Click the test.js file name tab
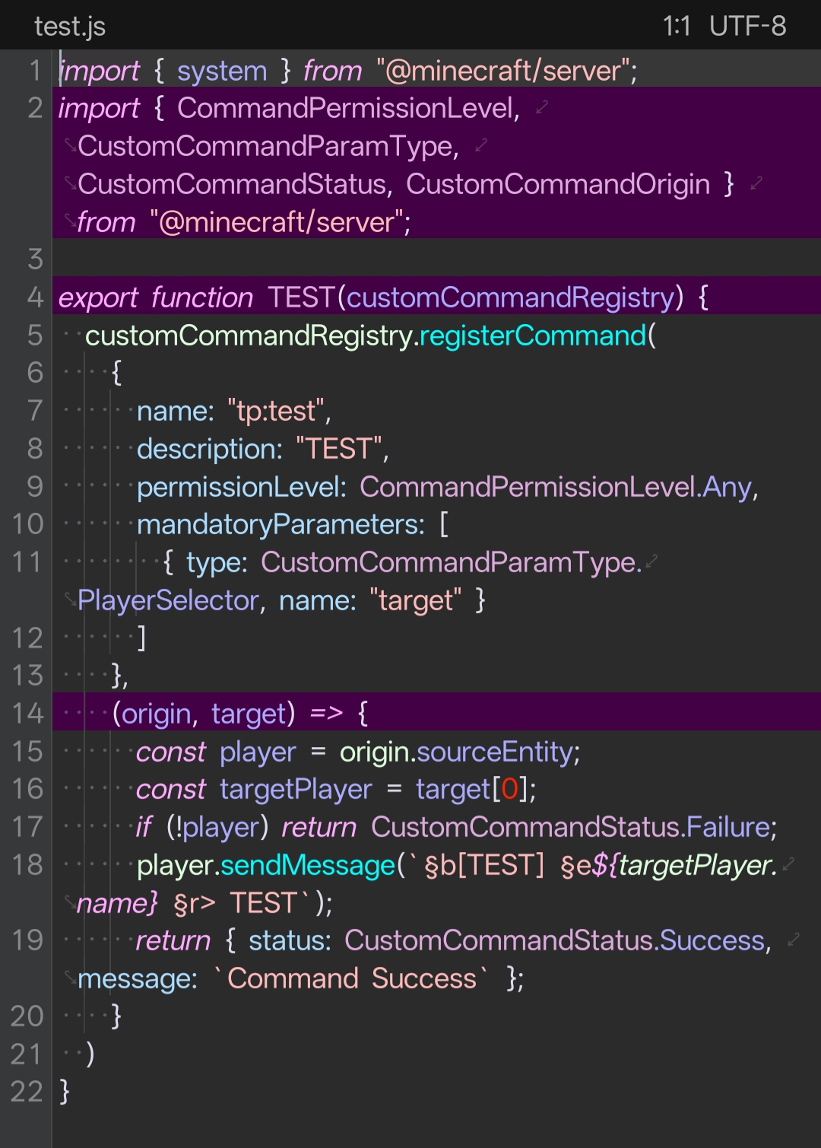point(70,27)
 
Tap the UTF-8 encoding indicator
point(747,27)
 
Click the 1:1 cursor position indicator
point(676,27)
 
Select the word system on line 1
point(222,72)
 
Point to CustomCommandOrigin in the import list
point(558,185)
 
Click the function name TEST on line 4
point(301,298)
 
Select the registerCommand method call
point(532,335)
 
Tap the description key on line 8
point(208,449)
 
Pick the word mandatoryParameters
point(281,525)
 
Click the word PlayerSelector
point(168,601)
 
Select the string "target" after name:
point(415,601)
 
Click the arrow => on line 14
point(326,714)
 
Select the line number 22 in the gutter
point(27,1092)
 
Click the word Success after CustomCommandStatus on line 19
point(712,941)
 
